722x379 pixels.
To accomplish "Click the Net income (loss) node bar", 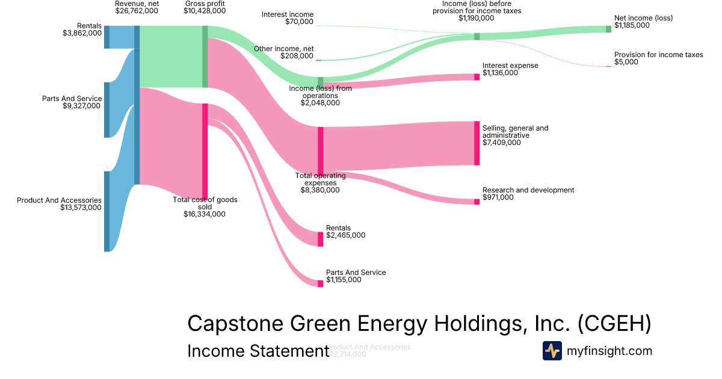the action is click(608, 29).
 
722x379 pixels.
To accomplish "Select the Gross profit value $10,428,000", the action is click(205, 11).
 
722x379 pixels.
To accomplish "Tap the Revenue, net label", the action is click(137, 4).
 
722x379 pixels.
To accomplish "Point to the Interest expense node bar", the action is click(477, 77).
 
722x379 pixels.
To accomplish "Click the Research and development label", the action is click(528, 190).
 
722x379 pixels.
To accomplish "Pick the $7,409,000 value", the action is click(501, 143).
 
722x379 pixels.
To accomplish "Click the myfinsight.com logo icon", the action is click(552, 351).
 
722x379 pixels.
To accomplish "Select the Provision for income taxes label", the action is click(658, 55).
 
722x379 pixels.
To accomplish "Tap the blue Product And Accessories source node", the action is click(106, 211).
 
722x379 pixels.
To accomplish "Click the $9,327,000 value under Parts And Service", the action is click(82, 106).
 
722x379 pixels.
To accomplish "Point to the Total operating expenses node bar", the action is click(320, 150).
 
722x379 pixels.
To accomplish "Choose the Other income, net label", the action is click(283, 49).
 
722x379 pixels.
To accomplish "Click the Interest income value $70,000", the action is click(299, 22).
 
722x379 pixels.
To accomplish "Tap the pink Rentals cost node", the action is click(320, 239).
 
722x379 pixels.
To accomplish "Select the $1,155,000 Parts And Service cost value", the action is click(344, 280).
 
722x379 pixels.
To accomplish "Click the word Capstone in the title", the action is click(235, 323).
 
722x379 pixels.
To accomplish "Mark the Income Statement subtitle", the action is click(258, 351).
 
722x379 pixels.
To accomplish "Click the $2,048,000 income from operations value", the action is click(320, 103).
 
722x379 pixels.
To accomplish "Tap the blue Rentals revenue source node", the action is click(106, 37).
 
